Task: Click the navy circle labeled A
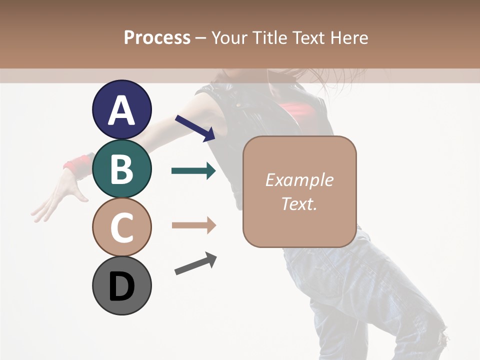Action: (x=121, y=110)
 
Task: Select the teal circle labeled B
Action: (x=121, y=169)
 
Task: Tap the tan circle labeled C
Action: (x=121, y=227)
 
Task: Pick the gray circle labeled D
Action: (x=121, y=285)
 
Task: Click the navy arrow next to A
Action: (x=195, y=128)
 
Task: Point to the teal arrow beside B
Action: (x=193, y=171)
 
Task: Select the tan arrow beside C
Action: (x=193, y=225)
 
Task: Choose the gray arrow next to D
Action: (x=195, y=263)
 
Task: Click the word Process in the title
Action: (x=157, y=37)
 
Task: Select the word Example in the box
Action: (x=299, y=180)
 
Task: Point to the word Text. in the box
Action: (x=299, y=203)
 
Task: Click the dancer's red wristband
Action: (x=77, y=164)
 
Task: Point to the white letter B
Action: (x=121, y=169)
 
